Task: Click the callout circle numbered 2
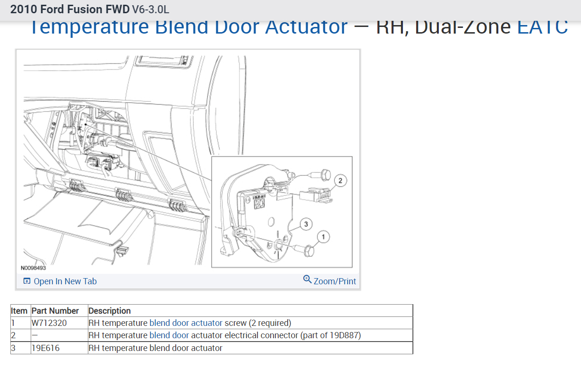coord(340,180)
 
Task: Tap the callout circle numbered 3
coord(306,224)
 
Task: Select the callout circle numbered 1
coord(323,237)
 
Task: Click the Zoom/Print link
coord(334,281)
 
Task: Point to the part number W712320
coord(49,323)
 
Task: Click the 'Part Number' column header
coord(55,311)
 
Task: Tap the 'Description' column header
coord(110,311)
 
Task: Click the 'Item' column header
coord(19,311)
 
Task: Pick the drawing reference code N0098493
coord(33,268)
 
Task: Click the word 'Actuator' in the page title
coord(306,27)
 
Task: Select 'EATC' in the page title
coord(542,27)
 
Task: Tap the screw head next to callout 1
coord(308,250)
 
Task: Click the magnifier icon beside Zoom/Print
coord(308,280)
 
